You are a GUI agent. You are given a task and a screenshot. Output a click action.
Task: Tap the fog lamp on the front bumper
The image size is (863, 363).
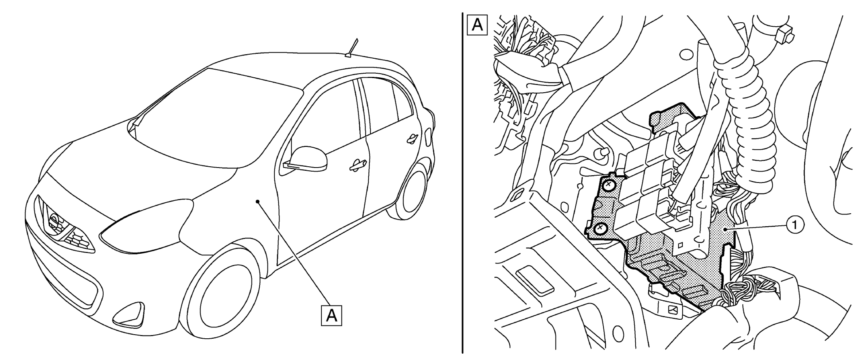[x=128, y=315]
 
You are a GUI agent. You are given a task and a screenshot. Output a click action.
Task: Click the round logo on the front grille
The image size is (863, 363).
[x=54, y=222]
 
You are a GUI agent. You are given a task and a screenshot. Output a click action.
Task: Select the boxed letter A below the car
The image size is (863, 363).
[x=331, y=315]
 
